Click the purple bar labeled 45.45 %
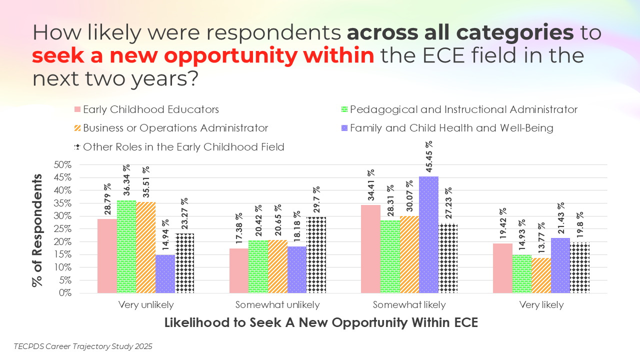[428, 234]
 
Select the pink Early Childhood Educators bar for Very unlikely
[106, 255]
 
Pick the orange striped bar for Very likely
[541, 275]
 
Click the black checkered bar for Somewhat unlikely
[316, 254]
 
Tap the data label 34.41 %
[370, 186]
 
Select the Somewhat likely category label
[409, 305]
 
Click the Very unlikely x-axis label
[146, 305]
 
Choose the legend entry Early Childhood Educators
[150, 109]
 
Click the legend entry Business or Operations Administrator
[175, 128]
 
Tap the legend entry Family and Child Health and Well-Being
[451, 128]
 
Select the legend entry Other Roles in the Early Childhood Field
[183, 147]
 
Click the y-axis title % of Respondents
[37, 230]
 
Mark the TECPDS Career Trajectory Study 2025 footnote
[83, 346]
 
